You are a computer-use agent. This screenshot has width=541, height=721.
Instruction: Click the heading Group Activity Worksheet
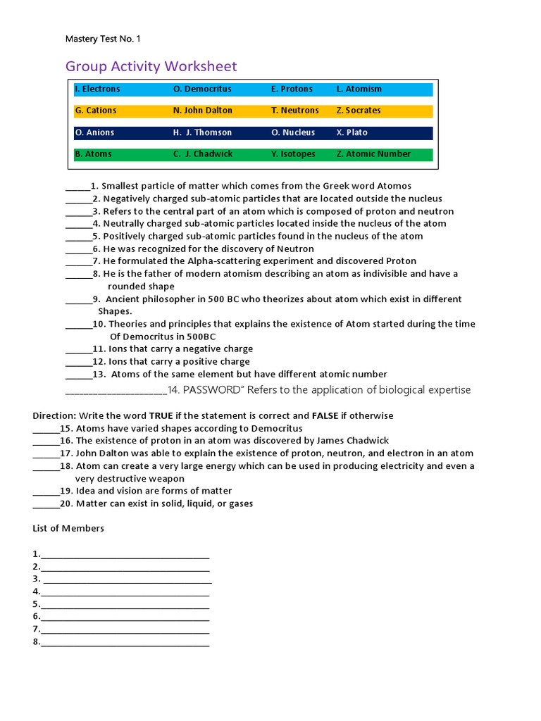(151, 67)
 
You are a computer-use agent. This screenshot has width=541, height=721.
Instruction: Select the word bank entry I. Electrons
(97, 89)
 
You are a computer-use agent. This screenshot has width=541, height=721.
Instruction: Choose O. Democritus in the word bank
(202, 89)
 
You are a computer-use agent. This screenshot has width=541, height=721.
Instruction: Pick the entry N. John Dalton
(202, 111)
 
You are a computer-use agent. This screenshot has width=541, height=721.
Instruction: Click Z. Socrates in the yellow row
(358, 111)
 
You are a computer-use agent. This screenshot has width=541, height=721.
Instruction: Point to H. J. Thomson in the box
(202, 132)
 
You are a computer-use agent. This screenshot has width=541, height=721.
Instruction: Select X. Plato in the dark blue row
(352, 132)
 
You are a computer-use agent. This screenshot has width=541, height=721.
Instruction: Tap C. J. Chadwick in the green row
(202, 154)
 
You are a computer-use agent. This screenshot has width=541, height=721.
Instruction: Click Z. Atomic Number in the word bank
(373, 154)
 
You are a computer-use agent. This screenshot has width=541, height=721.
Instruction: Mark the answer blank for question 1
(77, 187)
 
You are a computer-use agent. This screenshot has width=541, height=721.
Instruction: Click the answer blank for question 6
(78, 250)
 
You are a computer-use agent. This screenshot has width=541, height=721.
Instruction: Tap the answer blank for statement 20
(46, 505)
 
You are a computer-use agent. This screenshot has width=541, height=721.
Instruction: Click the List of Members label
(68, 529)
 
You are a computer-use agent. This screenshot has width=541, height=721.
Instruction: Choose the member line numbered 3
(127, 580)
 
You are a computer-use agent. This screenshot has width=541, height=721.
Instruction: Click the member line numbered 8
(125, 643)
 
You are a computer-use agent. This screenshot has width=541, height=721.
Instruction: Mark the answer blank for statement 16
(46, 441)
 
